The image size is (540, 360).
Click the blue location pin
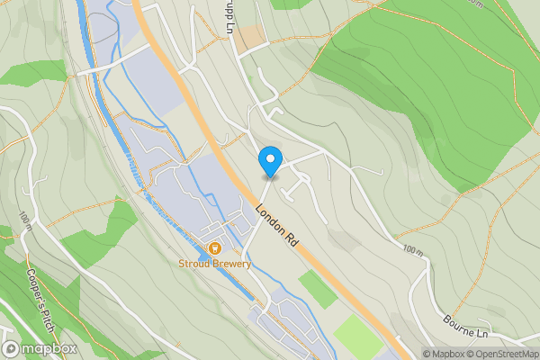click(269, 161)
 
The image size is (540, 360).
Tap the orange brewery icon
click(214, 247)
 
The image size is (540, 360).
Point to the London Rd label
click(276, 227)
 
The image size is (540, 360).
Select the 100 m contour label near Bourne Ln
click(412, 249)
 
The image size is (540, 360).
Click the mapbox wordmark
click(48, 348)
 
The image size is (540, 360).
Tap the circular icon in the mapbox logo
click(12, 348)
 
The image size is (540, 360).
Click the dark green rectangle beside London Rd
click(317, 289)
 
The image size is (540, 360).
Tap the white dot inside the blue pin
click(269, 157)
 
